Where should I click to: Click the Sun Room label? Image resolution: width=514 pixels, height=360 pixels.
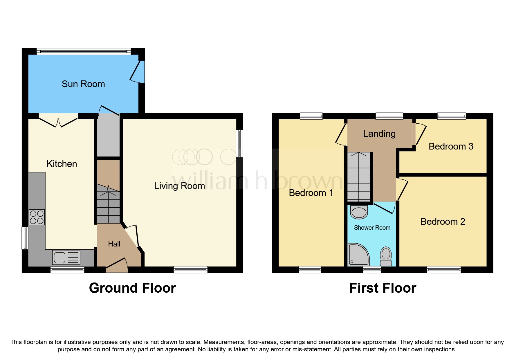[83, 84]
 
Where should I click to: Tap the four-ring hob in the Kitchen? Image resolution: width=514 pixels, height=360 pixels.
[37, 217]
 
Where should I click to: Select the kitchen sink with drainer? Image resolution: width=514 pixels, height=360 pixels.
[66, 257]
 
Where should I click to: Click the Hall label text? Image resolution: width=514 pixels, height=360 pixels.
[114, 244]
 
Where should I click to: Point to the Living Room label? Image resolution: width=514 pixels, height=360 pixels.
[179, 186]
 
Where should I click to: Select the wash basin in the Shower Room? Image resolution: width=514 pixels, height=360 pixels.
[359, 212]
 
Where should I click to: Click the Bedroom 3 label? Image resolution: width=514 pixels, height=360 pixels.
[451, 146]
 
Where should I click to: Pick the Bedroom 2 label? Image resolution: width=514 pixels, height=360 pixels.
[443, 222]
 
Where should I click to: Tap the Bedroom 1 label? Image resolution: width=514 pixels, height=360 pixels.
[311, 193]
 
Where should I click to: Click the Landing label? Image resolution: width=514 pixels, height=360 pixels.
[379, 134]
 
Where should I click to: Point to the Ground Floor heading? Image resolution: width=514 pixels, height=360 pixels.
[132, 288]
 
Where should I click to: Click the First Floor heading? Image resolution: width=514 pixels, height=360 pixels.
[383, 288]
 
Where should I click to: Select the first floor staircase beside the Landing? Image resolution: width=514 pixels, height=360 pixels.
[359, 177]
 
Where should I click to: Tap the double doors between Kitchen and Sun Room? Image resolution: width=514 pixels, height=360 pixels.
[58, 122]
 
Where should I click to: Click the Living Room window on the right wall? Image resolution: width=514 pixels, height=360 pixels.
[239, 143]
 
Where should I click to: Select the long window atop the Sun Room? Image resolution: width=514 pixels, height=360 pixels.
[84, 52]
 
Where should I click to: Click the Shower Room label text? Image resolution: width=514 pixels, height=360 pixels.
[372, 228]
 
